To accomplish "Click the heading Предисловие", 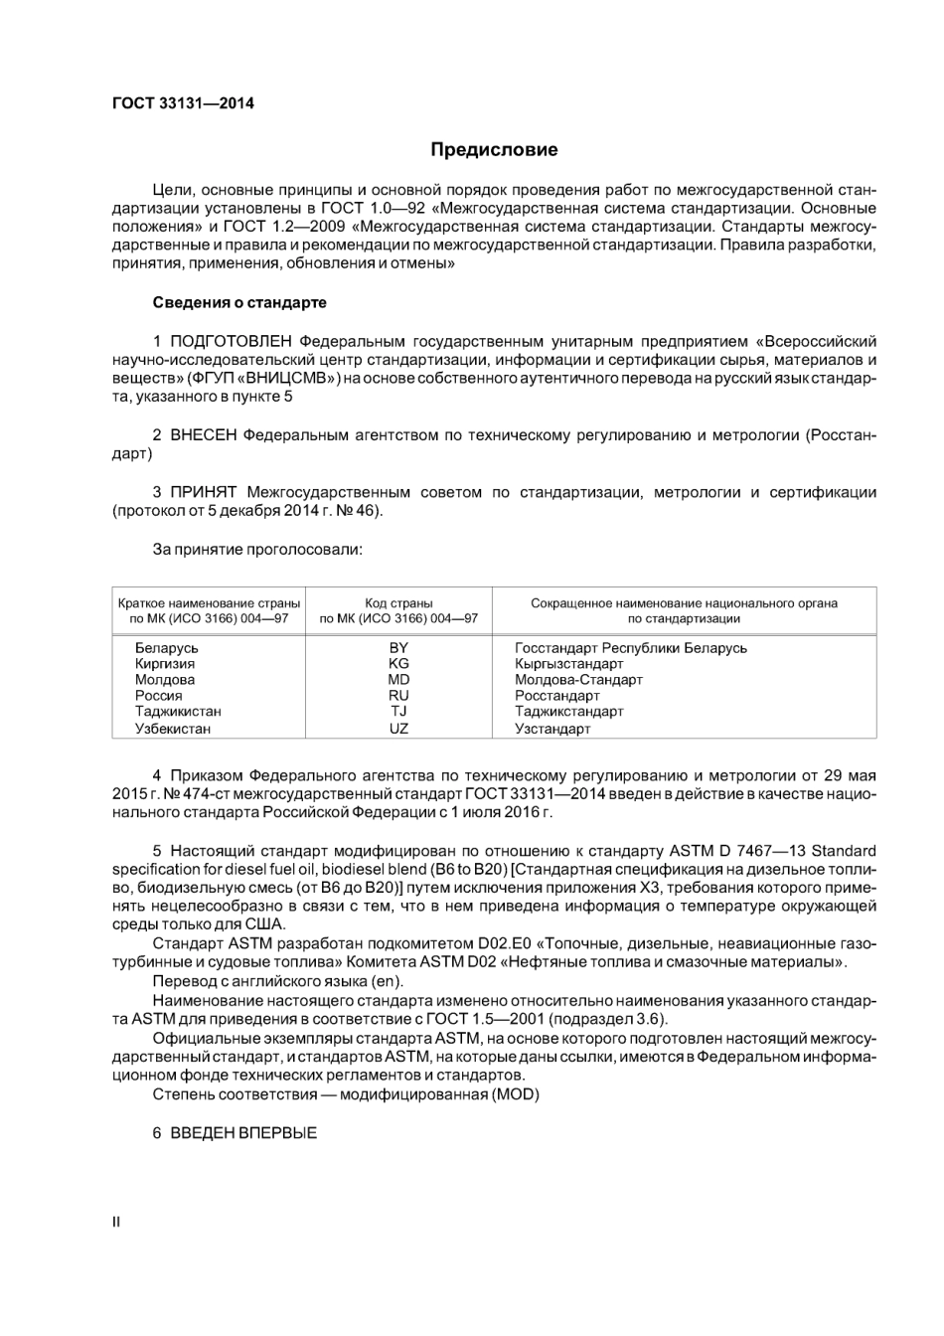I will tap(494, 150).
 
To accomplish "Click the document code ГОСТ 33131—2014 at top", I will tap(183, 102).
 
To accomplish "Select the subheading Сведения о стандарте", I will tap(239, 302).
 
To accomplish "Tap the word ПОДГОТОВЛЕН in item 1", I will tap(232, 341).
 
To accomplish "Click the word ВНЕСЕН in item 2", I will tap(204, 435).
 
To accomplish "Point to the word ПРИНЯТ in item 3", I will tap(204, 492).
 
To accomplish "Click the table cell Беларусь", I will tap(166, 648).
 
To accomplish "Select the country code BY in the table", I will tap(398, 648).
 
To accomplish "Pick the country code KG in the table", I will tap(398, 664).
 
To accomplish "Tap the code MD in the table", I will tap(398, 680).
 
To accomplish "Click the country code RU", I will tap(398, 696).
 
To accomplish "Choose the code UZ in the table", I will tap(398, 729).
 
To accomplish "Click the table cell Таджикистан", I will tap(178, 712).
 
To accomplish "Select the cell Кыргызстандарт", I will tap(568, 664).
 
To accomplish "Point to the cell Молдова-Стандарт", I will tap(578, 680).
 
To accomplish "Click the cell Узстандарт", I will tap(552, 729).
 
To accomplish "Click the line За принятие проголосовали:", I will tap(257, 549).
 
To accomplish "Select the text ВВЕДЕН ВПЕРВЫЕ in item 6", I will tap(243, 1133).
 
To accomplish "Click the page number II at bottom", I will tap(116, 1222).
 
